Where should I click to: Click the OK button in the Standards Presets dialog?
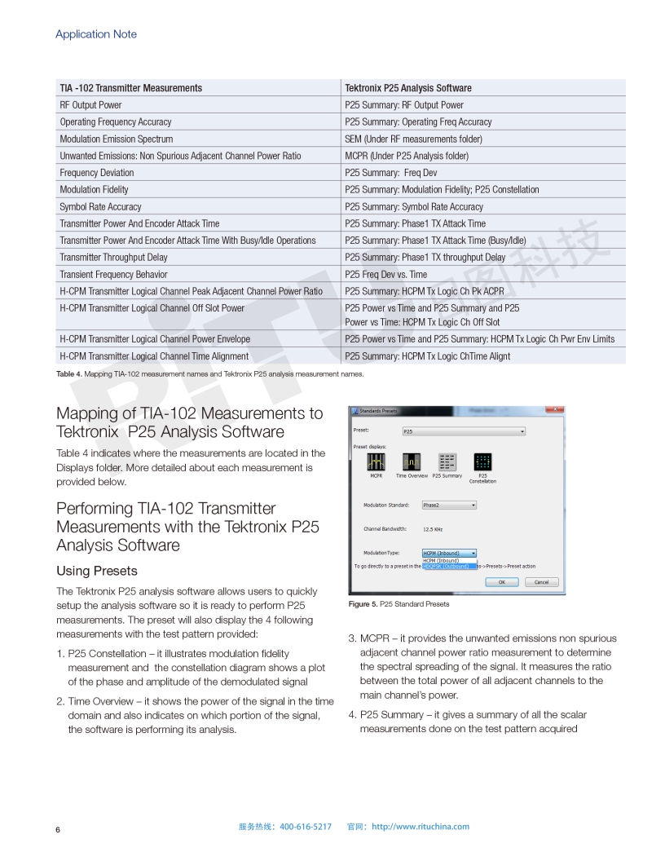[x=502, y=582]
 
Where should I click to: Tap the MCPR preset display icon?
[x=376, y=461]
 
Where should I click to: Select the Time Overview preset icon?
[x=412, y=461]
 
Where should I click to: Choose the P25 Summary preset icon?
[x=447, y=461]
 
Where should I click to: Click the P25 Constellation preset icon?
[x=482, y=461]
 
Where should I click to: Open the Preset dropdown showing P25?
[x=464, y=430]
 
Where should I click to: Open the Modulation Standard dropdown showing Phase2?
[x=448, y=506]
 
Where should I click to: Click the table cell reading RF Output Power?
[x=90, y=105]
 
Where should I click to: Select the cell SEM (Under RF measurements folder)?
[x=413, y=139]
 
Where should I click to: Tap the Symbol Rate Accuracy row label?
[x=100, y=207]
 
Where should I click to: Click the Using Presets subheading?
[x=97, y=571]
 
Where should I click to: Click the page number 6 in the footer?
[x=58, y=830]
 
